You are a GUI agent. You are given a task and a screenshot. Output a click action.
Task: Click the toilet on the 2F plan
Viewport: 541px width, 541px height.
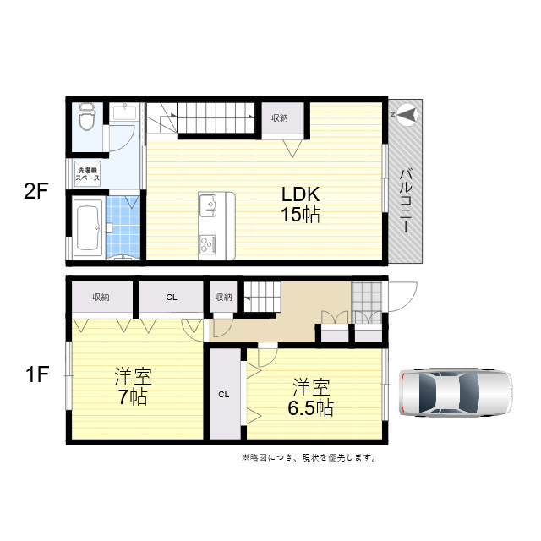[x=86, y=117]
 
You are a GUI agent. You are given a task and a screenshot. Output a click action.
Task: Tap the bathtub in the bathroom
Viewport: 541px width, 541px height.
[x=88, y=227]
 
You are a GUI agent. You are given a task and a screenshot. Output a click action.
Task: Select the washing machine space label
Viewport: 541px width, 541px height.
[x=88, y=174]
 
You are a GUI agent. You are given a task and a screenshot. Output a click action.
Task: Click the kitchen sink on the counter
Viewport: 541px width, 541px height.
[x=208, y=205]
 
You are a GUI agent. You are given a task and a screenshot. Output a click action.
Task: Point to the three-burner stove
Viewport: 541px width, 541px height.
[x=208, y=243]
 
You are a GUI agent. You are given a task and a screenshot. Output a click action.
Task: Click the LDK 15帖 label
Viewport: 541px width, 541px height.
[x=301, y=205]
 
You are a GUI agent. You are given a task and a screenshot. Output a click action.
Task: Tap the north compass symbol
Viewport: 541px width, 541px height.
[x=407, y=115]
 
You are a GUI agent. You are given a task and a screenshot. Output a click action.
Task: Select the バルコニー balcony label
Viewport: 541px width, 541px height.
[x=407, y=201]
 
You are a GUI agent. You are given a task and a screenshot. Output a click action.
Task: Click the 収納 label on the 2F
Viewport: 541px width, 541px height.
[x=280, y=118]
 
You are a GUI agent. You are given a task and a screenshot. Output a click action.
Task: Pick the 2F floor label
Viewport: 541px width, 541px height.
[x=36, y=191]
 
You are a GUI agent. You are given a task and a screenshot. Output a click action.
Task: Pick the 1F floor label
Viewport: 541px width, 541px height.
[x=37, y=374]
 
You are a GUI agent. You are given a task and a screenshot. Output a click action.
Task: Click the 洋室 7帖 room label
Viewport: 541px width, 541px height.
[x=133, y=386]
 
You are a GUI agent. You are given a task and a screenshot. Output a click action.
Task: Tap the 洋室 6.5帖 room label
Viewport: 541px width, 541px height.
[x=311, y=397]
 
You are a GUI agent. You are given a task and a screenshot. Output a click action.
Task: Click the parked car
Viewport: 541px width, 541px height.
[x=456, y=392]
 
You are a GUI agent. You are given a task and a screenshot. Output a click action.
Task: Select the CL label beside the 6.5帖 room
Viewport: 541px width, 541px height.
[x=224, y=395]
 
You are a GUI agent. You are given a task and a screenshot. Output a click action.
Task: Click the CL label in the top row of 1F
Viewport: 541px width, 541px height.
[x=172, y=297]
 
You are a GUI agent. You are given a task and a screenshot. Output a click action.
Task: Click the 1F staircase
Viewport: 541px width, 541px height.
[x=263, y=297]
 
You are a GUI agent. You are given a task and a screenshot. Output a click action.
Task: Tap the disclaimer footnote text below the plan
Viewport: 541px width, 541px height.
[x=309, y=458]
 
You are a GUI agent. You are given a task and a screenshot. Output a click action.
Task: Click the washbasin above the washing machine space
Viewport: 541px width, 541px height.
[x=124, y=112]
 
